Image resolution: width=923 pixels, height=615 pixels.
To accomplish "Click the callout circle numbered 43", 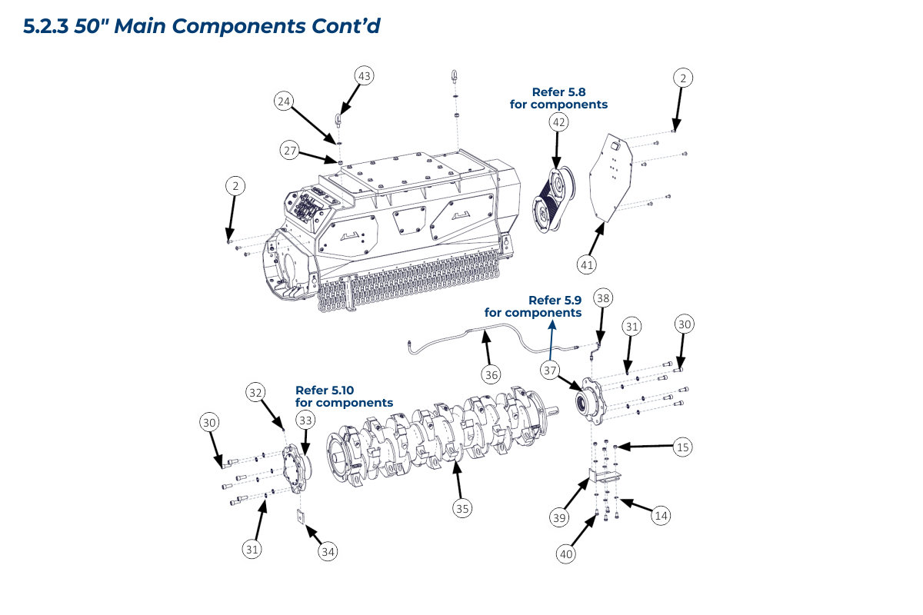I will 364,75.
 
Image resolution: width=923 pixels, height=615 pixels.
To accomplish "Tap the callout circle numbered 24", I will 285,101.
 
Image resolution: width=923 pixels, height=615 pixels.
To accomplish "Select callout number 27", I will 289,151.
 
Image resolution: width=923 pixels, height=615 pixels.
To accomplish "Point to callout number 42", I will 558,121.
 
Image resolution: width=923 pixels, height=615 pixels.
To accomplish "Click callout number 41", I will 587,264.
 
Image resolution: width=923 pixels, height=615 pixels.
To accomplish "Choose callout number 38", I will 603,298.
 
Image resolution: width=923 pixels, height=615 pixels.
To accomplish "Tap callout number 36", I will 491,374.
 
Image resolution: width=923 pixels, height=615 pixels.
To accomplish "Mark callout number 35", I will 461,508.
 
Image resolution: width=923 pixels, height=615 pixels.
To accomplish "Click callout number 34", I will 328,551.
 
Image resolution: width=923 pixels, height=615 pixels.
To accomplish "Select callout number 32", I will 256,391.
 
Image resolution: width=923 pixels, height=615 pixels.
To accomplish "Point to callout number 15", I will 683,446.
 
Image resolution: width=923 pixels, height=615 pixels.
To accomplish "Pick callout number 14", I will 660,516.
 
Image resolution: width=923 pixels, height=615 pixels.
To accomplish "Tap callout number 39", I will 559,517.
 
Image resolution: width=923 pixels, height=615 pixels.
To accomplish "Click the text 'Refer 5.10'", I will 325,390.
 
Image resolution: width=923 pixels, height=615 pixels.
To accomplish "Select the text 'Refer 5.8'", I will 558,91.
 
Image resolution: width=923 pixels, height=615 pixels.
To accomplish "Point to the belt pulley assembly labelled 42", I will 552,198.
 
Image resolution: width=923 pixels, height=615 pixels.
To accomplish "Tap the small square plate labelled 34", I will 302,517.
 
